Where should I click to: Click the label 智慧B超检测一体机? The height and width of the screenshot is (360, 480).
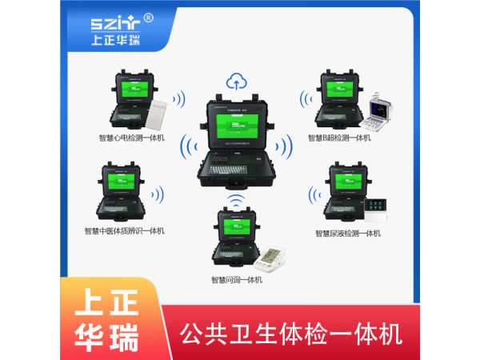339,138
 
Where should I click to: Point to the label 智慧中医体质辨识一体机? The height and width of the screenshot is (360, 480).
124,231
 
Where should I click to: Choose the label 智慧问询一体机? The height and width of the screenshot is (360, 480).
236,280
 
